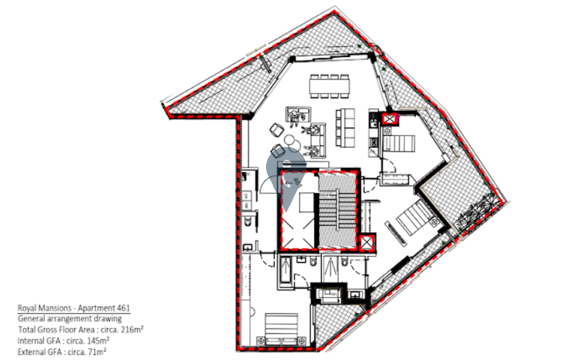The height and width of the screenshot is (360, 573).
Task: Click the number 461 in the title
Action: (123, 308)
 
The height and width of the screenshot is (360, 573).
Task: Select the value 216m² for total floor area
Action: (132, 329)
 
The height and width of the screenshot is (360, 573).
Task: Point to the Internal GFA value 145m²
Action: (98, 341)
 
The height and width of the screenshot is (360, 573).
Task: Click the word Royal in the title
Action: (26, 308)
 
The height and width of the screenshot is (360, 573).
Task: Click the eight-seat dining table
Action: (330, 86)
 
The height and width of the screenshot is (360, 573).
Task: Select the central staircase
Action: (337, 210)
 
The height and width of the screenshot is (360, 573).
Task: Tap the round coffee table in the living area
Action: (290, 140)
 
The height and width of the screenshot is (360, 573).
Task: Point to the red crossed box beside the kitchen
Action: (390, 119)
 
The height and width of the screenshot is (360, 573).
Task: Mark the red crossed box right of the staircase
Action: (366, 243)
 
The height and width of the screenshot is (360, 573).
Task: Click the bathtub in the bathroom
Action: (285, 270)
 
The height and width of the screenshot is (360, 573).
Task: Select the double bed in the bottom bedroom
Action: (281, 329)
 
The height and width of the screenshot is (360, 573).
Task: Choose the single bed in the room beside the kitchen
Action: (399, 143)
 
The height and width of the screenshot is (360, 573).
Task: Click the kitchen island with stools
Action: (345, 127)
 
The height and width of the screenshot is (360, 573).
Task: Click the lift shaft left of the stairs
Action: (298, 210)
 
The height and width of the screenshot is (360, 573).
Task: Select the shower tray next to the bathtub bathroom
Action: (330, 270)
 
